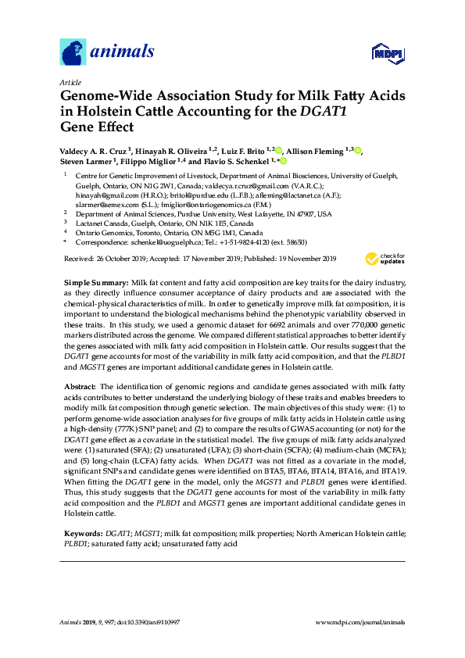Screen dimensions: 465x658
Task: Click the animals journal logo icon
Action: pyautogui.click(x=73, y=52)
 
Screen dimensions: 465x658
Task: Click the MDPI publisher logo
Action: pyautogui.click(x=385, y=53)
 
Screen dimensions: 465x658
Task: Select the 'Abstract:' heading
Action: pyautogui.click(x=81, y=386)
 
